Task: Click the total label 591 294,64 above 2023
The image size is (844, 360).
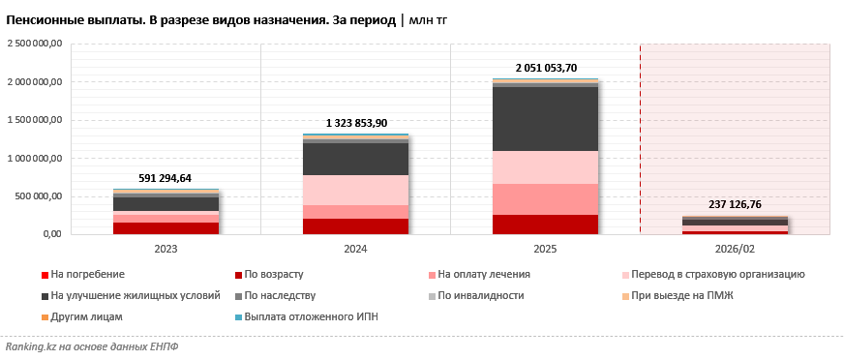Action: (166, 178)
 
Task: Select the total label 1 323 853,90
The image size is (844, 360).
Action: (356, 123)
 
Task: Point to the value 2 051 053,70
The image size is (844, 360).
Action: (546, 68)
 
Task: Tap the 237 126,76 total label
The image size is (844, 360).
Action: (736, 205)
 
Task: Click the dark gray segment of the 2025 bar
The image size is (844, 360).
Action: (546, 119)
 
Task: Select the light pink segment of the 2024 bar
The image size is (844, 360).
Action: (356, 190)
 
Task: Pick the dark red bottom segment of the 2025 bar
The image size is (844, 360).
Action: (546, 225)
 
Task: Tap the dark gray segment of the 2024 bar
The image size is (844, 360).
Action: (356, 159)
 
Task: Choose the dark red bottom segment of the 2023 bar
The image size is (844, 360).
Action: (166, 228)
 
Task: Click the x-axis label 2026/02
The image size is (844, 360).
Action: (736, 249)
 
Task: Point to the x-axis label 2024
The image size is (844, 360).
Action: (356, 249)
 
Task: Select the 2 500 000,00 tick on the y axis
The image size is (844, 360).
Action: (35, 44)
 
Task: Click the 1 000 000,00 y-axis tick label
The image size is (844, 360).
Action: (35, 158)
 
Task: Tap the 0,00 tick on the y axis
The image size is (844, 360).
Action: (50, 234)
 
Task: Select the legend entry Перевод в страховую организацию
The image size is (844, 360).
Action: (717, 275)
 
